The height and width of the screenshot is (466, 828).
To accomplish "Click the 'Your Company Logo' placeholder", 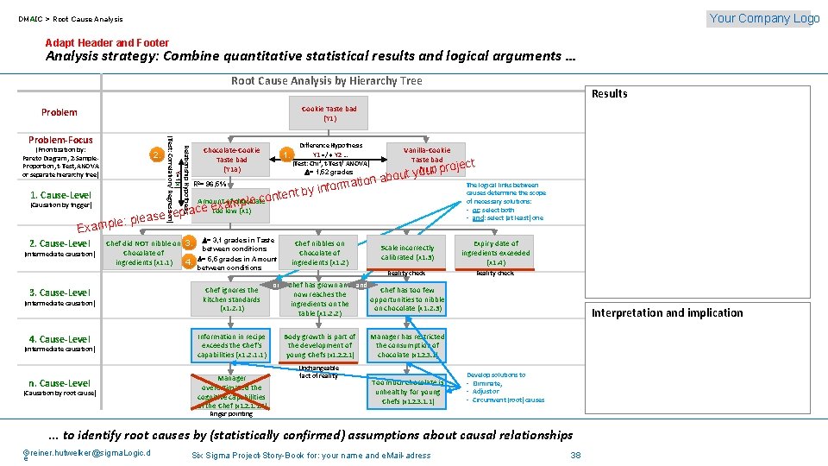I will (x=763, y=18).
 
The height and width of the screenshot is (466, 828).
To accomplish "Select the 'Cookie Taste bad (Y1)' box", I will (x=329, y=113).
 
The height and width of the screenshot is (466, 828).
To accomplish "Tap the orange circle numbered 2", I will (x=155, y=154).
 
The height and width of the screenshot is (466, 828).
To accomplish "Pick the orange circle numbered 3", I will (x=188, y=242).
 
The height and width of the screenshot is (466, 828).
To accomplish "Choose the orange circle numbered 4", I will (x=188, y=260).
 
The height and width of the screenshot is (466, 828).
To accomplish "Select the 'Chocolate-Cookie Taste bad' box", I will (x=231, y=160).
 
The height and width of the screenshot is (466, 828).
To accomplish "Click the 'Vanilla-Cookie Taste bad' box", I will (x=426, y=160).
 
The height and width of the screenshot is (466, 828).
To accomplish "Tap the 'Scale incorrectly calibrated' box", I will (x=408, y=252).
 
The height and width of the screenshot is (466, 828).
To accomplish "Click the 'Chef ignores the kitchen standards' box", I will (x=231, y=299).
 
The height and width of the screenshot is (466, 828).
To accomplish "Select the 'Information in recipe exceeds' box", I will (x=231, y=345).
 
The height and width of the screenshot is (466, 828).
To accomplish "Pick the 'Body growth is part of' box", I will (x=319, y=345).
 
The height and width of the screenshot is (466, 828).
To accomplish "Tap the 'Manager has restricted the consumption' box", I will (x=407, y=345).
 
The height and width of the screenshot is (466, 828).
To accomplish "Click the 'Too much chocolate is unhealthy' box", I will (x=407, y=392).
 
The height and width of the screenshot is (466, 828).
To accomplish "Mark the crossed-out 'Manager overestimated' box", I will (x=231, y=391).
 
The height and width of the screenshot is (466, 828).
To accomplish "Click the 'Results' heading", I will (x=610, y=93).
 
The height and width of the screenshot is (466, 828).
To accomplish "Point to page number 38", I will (x=576, y=455).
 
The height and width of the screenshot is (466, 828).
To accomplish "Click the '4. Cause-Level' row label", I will (x=60, y=339).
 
